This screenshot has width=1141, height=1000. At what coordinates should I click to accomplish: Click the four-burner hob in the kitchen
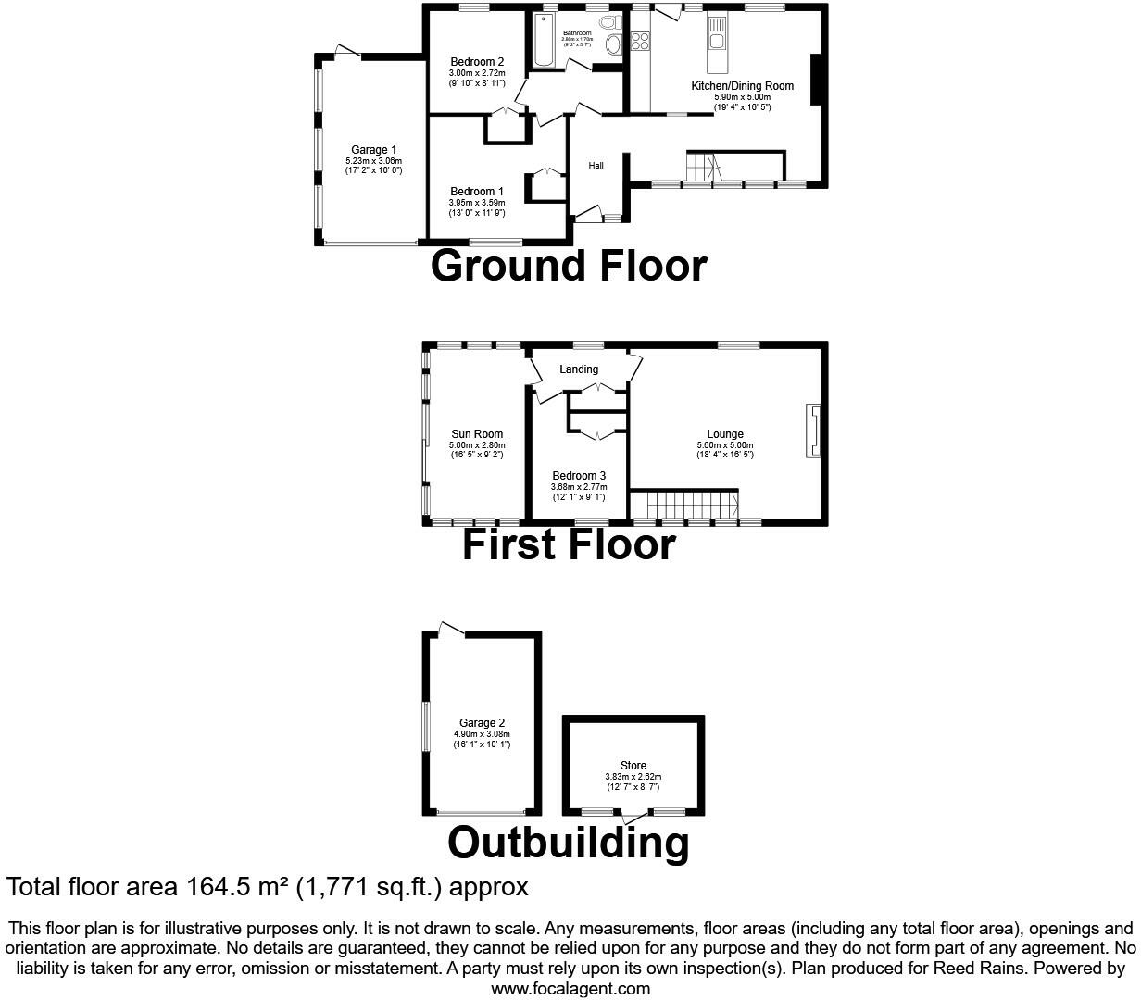pos(639,41)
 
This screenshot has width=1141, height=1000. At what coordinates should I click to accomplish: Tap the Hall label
pos(596,166)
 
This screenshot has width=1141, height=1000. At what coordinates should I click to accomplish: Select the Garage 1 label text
pos(373,150)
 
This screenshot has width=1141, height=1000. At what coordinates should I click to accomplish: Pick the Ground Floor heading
pos(569,266)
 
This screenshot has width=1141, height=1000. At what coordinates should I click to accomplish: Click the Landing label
pos(579,369)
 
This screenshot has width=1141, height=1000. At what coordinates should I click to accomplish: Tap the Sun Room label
pos(477,434)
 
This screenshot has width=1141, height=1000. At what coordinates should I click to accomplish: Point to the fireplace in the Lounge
pos(814,431)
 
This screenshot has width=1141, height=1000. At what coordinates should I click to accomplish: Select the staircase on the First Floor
pos(691,505)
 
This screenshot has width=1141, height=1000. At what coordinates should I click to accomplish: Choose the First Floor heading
pos(569,544)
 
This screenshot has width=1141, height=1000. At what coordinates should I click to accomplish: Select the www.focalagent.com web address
pos(570,989)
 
